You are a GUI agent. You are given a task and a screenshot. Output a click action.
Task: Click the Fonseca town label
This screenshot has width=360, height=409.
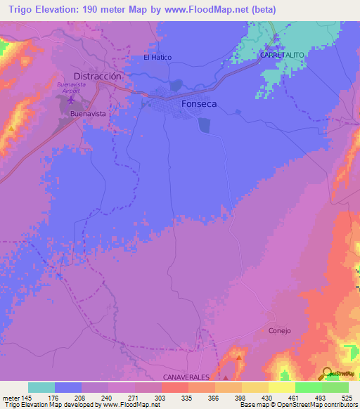click(x=201, y=103)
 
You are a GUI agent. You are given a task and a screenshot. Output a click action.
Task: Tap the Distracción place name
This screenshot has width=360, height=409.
click(x=98, y=76)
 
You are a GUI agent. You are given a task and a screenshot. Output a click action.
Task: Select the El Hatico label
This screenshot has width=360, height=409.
click(x=157, y=58)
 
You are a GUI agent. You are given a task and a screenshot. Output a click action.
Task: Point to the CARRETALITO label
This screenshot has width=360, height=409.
click(x=281, y=54)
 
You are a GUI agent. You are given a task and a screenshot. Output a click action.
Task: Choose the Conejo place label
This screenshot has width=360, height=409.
click(x=279, y=330)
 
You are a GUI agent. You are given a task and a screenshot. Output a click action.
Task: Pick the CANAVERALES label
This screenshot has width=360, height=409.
click(x=186, y=377)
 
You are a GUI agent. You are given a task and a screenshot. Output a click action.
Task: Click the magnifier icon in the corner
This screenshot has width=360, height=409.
click(x=328, y=372)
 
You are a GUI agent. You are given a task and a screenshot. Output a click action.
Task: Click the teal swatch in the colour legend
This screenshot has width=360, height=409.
click(x=41, y=387)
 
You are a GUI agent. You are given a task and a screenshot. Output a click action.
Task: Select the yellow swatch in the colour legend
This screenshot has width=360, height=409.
click(x=281, y=387)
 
